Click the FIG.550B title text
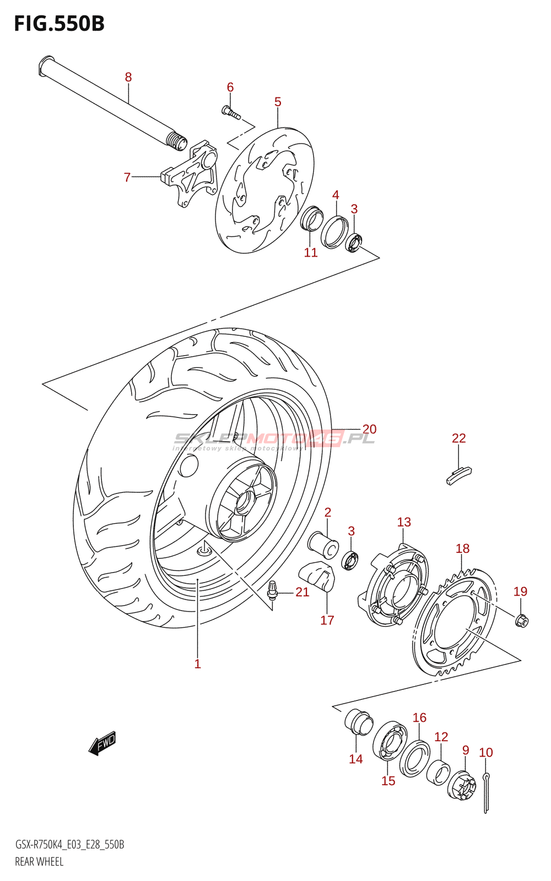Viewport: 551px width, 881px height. pos(60,24)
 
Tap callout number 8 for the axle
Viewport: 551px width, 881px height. pos(128,77)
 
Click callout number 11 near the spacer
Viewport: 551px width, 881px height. pos(311,253)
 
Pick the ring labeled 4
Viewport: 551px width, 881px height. pos(335,232)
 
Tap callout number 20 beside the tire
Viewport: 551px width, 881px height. pos(369,429)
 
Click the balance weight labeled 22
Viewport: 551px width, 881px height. pos(458,475)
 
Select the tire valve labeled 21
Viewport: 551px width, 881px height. pos(272,590)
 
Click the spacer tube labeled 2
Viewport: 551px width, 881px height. pos(323,544)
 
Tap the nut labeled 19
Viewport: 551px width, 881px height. pos(521,621)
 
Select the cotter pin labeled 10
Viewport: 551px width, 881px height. pos(486,793)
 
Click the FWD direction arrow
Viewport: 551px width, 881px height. pos(103,743)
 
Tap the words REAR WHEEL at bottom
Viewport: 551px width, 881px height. pos(39,862)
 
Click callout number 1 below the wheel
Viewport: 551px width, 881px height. pos(197,664)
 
